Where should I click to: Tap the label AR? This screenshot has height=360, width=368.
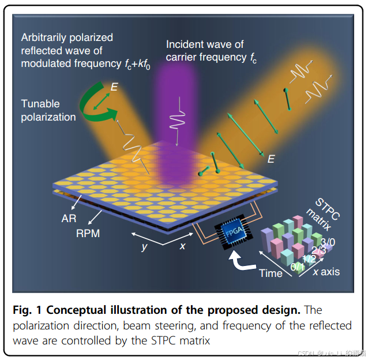click(69, 219)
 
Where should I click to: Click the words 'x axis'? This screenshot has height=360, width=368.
click(326, 272)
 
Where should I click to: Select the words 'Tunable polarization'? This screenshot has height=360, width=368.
click(48, 110)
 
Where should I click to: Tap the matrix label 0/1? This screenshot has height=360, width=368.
click(299, 267)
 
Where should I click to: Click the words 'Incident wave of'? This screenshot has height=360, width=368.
click(205, 44)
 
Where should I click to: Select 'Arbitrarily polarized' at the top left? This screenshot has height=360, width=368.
click(67, 37)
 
